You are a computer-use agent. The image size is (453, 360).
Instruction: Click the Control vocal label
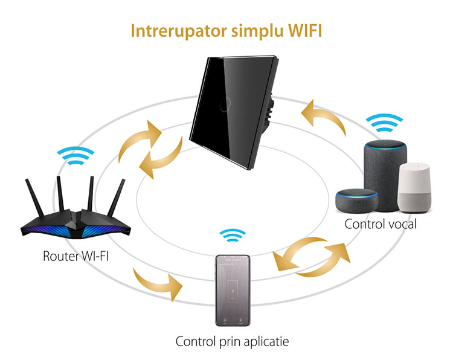coord(381,224)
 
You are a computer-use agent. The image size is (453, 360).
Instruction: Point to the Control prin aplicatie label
coord(232,342)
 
